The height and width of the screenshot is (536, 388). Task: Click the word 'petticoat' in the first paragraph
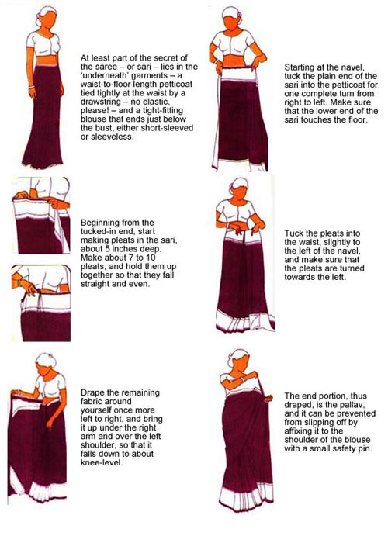point(175,84)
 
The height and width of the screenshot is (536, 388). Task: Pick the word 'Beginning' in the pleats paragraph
point(99,223)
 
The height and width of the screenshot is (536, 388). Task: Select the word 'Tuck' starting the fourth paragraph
point(293,233)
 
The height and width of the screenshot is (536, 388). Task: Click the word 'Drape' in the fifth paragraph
point(92,392)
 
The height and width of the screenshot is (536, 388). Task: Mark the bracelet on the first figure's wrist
point(32,87)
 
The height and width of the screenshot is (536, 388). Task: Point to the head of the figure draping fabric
point(47,365)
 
